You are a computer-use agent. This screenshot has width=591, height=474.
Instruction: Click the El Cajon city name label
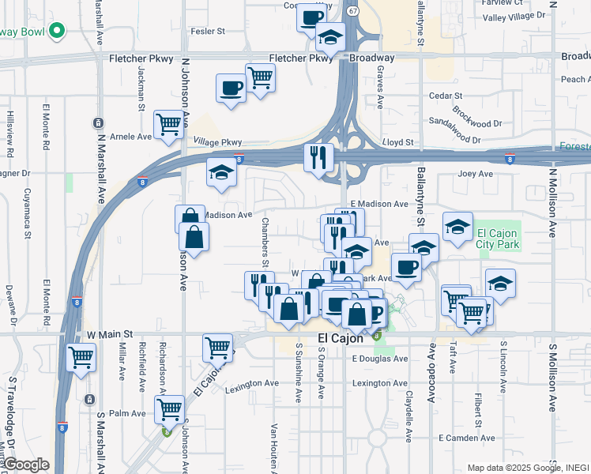(x=340, y=338)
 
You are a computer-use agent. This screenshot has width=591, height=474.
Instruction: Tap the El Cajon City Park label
(x=497, y=239)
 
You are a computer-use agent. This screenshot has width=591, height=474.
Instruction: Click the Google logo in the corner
(x=25, y=465)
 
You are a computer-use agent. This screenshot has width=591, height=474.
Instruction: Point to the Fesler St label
(x=209, y=32)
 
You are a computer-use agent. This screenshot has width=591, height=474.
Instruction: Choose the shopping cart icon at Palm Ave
(x=169, y=408)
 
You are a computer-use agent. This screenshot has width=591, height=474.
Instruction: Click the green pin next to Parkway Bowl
(x=55, y=32)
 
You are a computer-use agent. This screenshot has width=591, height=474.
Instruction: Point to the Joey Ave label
(x=475, y=174)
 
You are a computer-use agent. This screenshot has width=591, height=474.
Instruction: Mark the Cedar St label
(x=439, y=96)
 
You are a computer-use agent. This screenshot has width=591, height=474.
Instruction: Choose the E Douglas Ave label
(x=380, y=358)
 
